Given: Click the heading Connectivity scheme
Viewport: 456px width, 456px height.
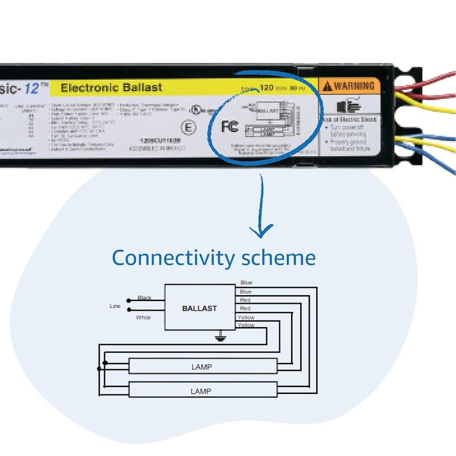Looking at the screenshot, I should pyautogui.click(x=214, y=258).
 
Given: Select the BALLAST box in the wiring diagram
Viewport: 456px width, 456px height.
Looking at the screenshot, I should pyautogui.click(x=199, y=308).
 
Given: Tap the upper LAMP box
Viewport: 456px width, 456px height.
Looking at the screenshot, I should pyautogui.click(x=202, y=367).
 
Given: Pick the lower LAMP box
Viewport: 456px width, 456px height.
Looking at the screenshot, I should pyautogui.click(x=202, y=391).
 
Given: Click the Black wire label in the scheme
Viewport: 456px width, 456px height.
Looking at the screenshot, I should pyautogui.click(x=144, y=298).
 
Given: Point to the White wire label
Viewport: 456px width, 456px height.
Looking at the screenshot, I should pyautogui.click(x=144, y=317).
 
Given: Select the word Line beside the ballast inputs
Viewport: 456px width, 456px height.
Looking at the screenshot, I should pyautogui.click(x=115, y=306).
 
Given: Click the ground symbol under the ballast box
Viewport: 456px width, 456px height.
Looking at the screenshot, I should pyautogui.click(x=218, y=338).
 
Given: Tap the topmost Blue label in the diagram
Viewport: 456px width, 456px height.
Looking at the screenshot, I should pyautogui.click(x=246, y=283).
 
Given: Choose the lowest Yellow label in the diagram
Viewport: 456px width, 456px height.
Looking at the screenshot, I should pyautogui.click(x=246, y=325).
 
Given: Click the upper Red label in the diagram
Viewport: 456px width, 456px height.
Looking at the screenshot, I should pyautogui.click(x=245, y=300).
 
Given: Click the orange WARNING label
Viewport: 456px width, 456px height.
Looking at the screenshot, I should pyautogui.click(x=349, y=86).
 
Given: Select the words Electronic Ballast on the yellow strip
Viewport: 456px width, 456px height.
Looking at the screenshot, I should pyautogui.click(x=111, y=87).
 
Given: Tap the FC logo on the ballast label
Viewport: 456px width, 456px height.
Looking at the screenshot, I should pyautogui.click(x=230, y=127).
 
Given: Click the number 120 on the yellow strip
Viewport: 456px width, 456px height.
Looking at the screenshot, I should pyautogui.click(x=267, y=88).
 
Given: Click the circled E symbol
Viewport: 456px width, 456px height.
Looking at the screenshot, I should pyautogui.click(x=188, y=127).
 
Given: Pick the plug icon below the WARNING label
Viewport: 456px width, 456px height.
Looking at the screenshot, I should pyautogui.click(x=346, y=107).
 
